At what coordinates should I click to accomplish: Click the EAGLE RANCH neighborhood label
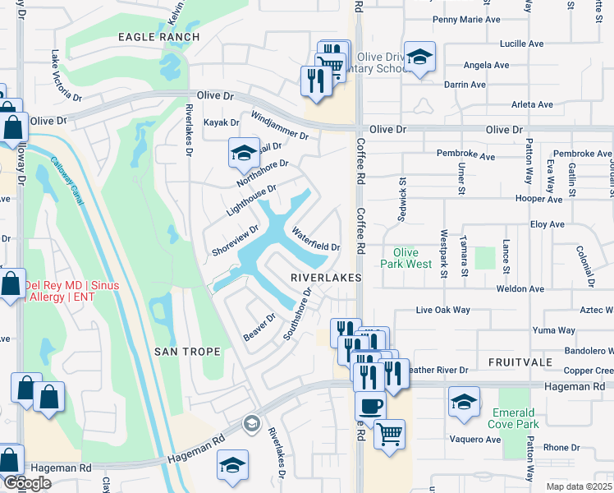tap(158, 37)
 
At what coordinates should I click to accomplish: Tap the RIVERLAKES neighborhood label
tap(326, 279)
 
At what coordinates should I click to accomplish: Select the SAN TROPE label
tap(187, 352)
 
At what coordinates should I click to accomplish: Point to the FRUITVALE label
tap(517, 362)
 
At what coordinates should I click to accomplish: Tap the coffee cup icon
tap(369, 405)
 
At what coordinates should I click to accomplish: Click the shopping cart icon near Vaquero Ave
tap(390, 431)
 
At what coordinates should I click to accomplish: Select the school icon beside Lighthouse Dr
tap(243, 152)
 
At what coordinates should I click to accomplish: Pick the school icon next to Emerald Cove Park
tap(464, 402)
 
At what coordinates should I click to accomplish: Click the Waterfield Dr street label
tap(315, 240)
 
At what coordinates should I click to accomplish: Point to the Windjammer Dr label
tap(279, 125)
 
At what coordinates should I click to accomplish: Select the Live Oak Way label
tap(442, 310)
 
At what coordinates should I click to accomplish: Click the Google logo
tap(27, 484)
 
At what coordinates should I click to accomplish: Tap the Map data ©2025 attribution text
tap(580, 486)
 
